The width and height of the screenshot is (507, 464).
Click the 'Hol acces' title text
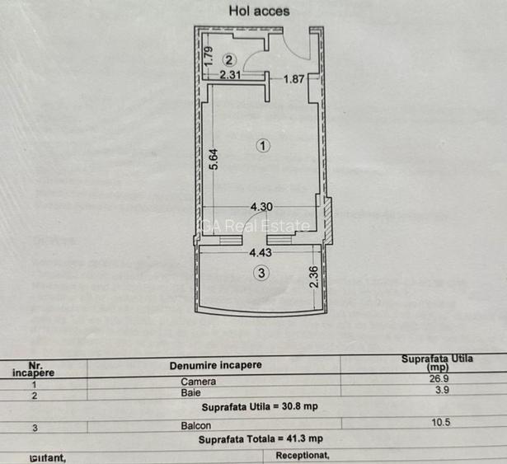[258, 11]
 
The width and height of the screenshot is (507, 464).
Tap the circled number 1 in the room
[263, 146]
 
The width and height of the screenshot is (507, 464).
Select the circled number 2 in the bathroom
[229, 59]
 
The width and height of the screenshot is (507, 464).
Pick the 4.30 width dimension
[261, 207]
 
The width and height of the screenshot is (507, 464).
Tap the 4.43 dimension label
[261, 253]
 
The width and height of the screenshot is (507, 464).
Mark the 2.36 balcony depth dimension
[313, 275]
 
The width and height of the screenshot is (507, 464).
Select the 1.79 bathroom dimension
[209, 56]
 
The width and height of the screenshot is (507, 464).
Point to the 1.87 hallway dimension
[294, 79]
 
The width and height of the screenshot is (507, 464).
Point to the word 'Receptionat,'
[303, 454]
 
